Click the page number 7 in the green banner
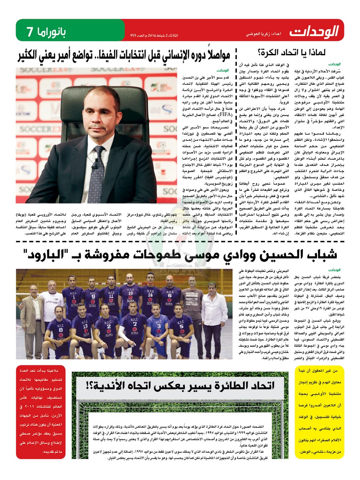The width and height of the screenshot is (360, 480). tap(29, 31)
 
